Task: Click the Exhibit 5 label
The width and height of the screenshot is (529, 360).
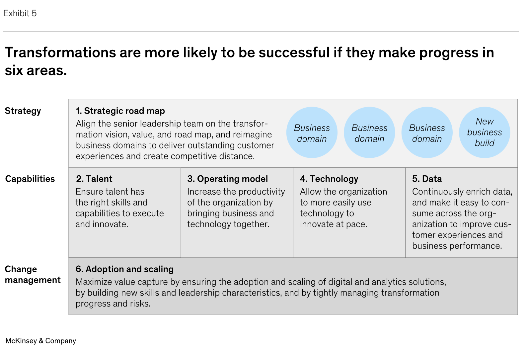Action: click(x=20, y=14)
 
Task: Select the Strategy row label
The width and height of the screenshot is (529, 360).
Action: click(x=23, y=111)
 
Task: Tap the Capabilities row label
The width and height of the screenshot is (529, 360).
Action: click(x=30, y=179)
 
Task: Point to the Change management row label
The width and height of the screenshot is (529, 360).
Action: click(x=33, y=274)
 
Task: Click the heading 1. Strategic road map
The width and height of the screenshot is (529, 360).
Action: click(x=120, y=111)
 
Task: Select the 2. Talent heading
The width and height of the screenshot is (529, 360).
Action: click(x=94, y=179)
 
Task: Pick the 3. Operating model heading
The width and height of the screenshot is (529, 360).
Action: click(x=228, y=179)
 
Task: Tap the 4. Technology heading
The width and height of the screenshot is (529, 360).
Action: click(x=329, y=179)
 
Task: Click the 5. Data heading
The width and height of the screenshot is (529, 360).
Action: click(x=427, y=179)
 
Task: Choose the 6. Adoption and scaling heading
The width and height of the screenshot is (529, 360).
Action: click(x=125, y=269)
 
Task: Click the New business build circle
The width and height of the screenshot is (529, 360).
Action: click(x=485, y=133)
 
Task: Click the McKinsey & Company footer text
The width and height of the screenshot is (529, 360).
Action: click(x=40, y=341)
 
